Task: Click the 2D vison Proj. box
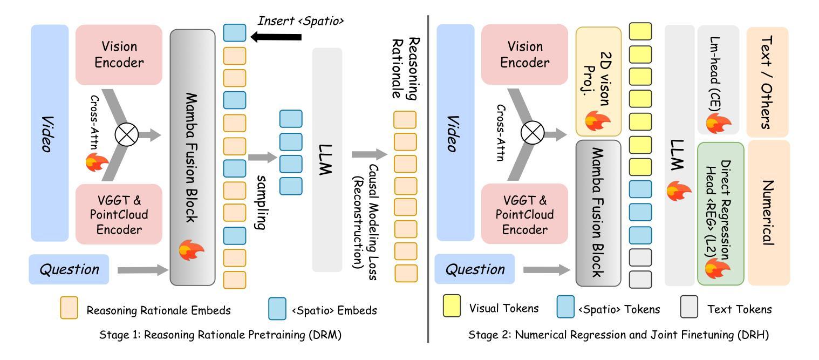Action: pyautogui.click(x=598, y=81)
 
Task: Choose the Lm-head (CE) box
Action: pyautogui.click(x=718, y=79)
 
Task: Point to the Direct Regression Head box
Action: pyautogui.click(x=720, y=213)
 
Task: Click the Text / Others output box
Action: pyautogui.click(x=767, y=81)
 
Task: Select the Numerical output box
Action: pyautogui.click(x=767, y=213)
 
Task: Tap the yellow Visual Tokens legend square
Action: pyautogui.click(x=452, y=306)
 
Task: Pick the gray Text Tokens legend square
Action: pyautogui.click(x=689, y=306)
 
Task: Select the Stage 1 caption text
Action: pyautogui.click(x=221, y=335)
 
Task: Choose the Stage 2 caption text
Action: pyautogui.click(x=619, y=335)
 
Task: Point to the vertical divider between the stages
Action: pyautogui.click(x=428, y=178)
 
